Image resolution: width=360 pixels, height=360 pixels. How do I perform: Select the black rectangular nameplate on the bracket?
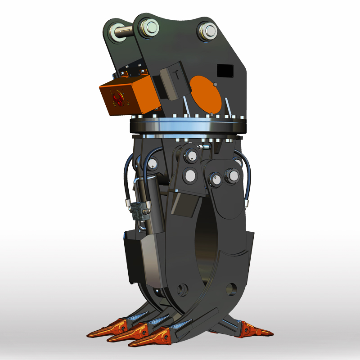[x=225, y=70]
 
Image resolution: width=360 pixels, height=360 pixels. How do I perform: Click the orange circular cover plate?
[x=206, y=94]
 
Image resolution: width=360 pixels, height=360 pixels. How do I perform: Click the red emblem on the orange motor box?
[x=117, y=99]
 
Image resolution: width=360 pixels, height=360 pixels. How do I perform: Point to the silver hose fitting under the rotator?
[x=204, y=147]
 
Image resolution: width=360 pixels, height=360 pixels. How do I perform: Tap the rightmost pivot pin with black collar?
[x=232, y=175]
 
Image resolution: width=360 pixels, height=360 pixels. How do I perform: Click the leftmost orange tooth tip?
[x=99, y=332]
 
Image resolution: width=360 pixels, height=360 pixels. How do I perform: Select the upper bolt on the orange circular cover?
[x=216, y=85]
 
